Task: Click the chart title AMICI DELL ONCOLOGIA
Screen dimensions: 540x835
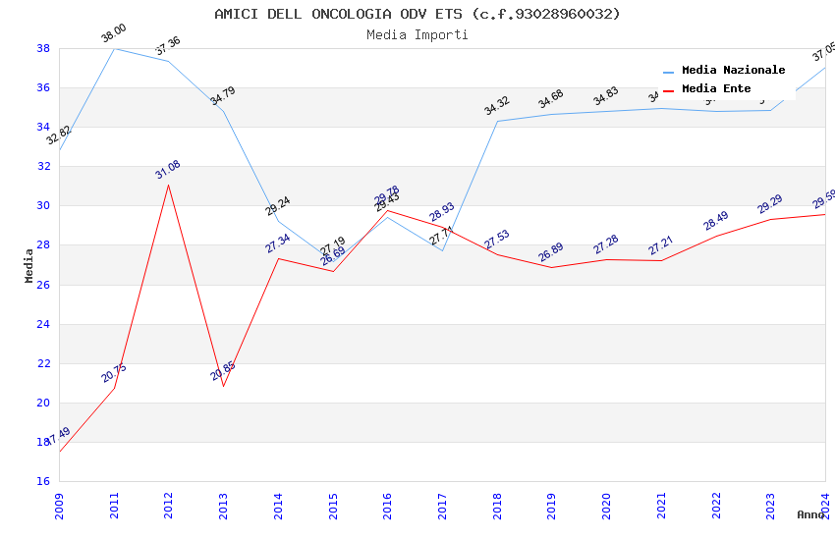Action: pyautogui.click(x=417, y=14)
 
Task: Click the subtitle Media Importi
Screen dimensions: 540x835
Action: pyautogui.click(x=417, y=34)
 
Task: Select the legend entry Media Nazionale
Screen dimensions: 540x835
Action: pyautogui.click(x=733, y=70)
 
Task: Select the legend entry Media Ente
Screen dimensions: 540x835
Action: pyautogui.click(x=716, y=88)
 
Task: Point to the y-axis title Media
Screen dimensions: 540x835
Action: pyautogui.click(x=29, y=265)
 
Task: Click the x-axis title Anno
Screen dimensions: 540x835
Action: pyautogui.click(x=810, y=514)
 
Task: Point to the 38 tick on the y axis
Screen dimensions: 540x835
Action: pyautogui.click(x=43, y=48)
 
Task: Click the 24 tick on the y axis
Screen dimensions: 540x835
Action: pyautogui.click(x=43, y=324)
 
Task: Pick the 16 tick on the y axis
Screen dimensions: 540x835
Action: pyautogui.click(x=43, y=481)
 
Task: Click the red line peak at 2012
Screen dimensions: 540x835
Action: pyautogui.click(x=168, y=185)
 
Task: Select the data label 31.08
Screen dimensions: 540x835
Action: pyautogui.click(x=168, y=170)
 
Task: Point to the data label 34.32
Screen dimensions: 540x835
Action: pyautogui.click(x=497, y=106)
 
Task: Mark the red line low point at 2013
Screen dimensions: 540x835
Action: pyautogui.click(x=223, y=386)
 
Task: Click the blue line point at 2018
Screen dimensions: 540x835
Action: pyautogui.click(x=498, y=122)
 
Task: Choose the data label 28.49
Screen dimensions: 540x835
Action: pyautogui.click(x=716, y=221)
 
